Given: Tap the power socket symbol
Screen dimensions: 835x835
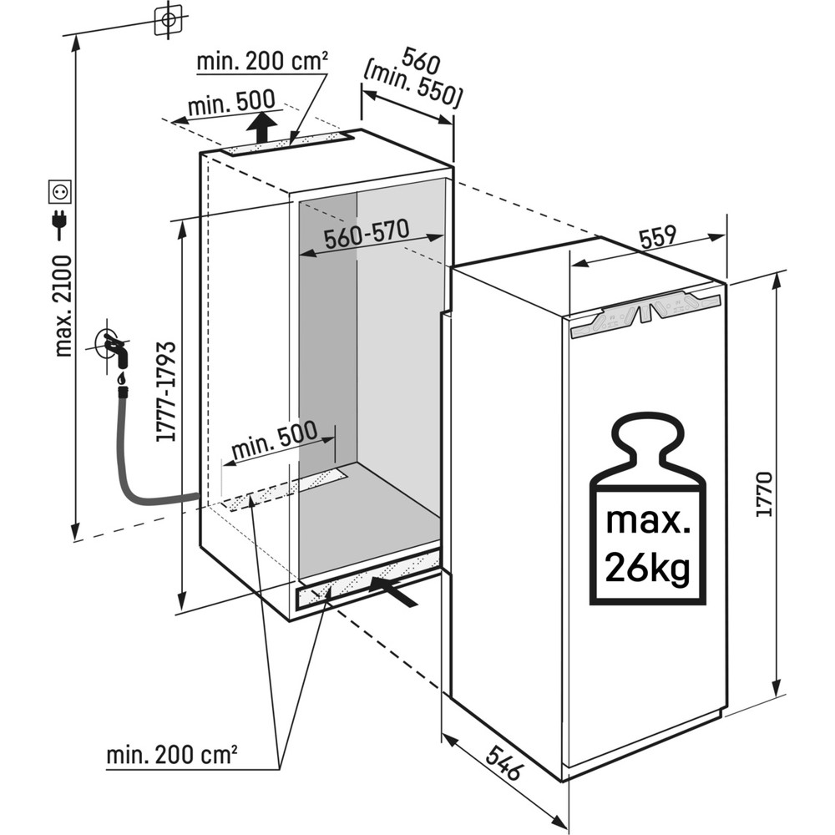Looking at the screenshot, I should tap(60, 192).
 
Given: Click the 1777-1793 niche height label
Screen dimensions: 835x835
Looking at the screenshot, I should tap(164, 390).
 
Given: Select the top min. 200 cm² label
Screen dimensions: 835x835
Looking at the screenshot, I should tap(261, 62).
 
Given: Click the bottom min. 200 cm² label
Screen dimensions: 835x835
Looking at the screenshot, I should tap(171, 755).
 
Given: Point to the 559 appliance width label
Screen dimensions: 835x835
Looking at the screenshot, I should tap(657, 239).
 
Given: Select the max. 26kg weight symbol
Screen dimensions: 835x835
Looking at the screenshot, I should tap(648, 512).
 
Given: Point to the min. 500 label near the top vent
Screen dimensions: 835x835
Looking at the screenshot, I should tap(230, 104).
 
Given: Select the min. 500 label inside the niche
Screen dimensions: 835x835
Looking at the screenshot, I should tap(274, 440).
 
